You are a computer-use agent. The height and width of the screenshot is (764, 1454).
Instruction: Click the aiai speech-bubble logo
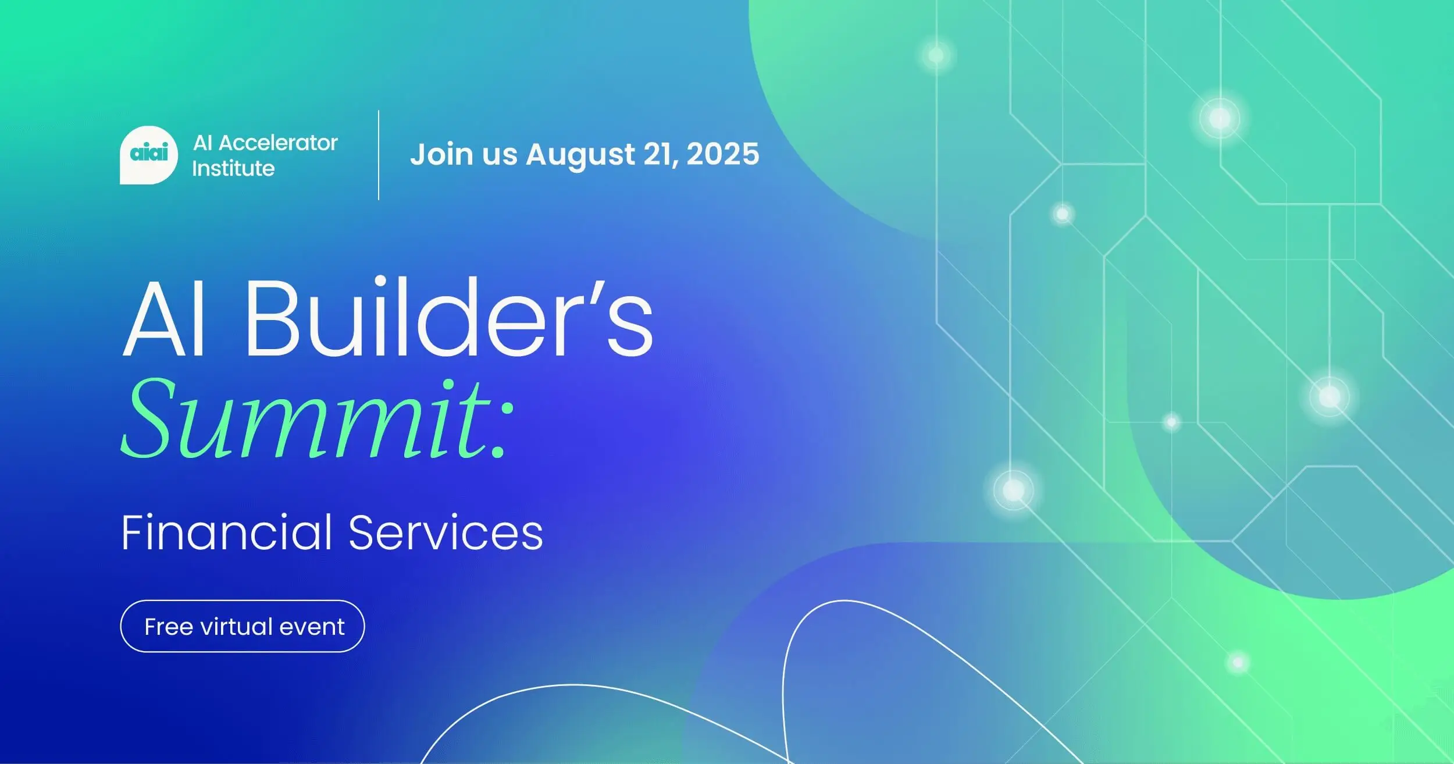[x=148, y=155]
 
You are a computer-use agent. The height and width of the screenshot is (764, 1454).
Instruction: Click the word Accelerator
[x=278, y=143]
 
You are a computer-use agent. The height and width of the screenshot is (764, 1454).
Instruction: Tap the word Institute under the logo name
[x=233, y=169]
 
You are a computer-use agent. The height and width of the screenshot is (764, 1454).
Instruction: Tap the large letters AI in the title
[x=165, y=319]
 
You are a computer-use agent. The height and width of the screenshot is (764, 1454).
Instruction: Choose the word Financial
[x=227, y=532]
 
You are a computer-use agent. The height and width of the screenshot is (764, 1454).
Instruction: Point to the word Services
[x=446, y=532]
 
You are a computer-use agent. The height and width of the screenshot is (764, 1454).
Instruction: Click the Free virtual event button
[x=243, y=626]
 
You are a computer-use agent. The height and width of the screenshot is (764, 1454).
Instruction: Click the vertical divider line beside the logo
[x=379, y=155]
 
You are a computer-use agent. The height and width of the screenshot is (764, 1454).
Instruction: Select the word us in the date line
[x=500, y=155]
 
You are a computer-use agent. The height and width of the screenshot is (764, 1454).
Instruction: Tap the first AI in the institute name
[x=202, y=143]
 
